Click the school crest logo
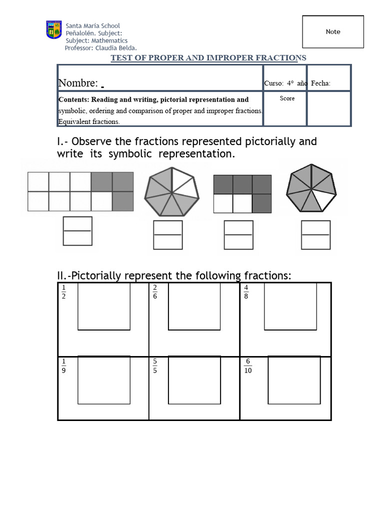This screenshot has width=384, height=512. pos(54,30)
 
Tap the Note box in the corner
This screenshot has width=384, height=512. pos(333,31)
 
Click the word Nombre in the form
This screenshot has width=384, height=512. pos(78,83)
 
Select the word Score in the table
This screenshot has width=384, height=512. pos(287,98)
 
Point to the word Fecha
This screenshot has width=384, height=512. pos(320,83)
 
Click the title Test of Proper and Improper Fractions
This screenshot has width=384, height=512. pos(208,58)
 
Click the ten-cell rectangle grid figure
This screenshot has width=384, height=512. pos(80,191)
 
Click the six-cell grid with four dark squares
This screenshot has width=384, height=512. pos(242,194)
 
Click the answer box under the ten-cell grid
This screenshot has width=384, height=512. pos(77,231)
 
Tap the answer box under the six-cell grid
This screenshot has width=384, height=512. pos(238,234)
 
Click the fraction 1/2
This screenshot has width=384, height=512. pos(63,291)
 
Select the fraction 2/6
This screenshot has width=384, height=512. pos(155,291)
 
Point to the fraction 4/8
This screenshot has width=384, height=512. pos(246,291)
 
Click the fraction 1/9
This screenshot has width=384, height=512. pos(63,366)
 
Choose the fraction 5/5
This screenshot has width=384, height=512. pos(155,366)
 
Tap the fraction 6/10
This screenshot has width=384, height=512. pos(248,366)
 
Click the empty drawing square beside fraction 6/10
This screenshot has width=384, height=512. pos(294,380)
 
